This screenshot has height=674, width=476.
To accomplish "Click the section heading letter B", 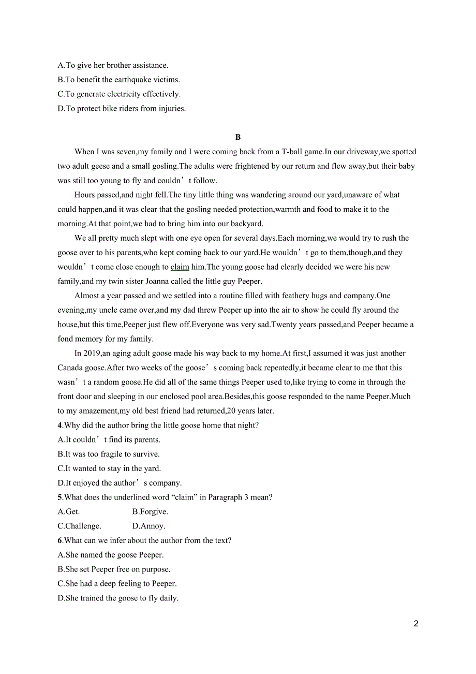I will pyautogui.click(x=238, y=137).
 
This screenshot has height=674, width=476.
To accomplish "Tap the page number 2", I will pyautogui.click(x=416, y=623).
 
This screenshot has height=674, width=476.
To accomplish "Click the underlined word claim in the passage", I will pyautogui.click(x=180, y=267).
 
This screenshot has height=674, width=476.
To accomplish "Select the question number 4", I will pyautogui.click(x=60, y=426).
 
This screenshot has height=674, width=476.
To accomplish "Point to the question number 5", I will pyautogui.click(x=60, y=497).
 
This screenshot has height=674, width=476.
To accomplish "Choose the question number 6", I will pyautogui.click(x=60, y=540).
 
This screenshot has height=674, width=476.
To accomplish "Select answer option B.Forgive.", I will pyautogui.click(x=150, y=512).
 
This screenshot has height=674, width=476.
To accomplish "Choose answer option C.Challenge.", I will pyautogui.click(x=79, y=526).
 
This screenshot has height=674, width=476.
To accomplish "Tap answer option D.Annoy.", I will pyautogui.click(x=148, y=526).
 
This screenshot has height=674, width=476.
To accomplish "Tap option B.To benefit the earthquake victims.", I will pyautogui.click(x=119, y=80).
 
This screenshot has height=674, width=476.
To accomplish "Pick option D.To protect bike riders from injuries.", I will pyautogui.click(x=122, y=109).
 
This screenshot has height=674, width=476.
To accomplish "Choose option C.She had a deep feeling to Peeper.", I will pyautogui.click(x=117, y=583).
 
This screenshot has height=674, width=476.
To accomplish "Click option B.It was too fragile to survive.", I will pyautogui.click(x=109, y=454).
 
